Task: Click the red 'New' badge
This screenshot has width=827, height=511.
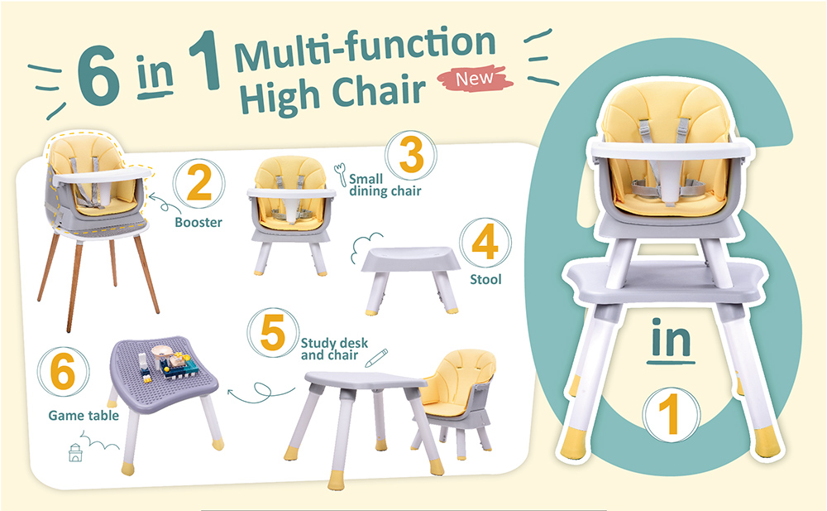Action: [x=475, y=79]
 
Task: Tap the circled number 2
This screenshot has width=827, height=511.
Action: [x=198, y=183]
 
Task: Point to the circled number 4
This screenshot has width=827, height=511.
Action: [x=485, y=243]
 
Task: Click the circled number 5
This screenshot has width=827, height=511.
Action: [x=273, y=332]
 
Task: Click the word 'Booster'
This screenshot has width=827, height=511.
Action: [x=198, y=223]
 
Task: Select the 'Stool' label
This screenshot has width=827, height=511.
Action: [x=485, y=279]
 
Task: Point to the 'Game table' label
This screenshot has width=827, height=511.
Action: [x=84, y=416]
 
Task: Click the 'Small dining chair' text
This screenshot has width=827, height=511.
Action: [x=385, y=185]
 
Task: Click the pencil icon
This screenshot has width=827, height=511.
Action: [x=376, y=358]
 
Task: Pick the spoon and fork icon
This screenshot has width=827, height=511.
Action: [x=340, y=174]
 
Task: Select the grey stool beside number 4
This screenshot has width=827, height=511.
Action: [x=410, y=279]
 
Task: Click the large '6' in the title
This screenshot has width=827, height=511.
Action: [x=98, y=75]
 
